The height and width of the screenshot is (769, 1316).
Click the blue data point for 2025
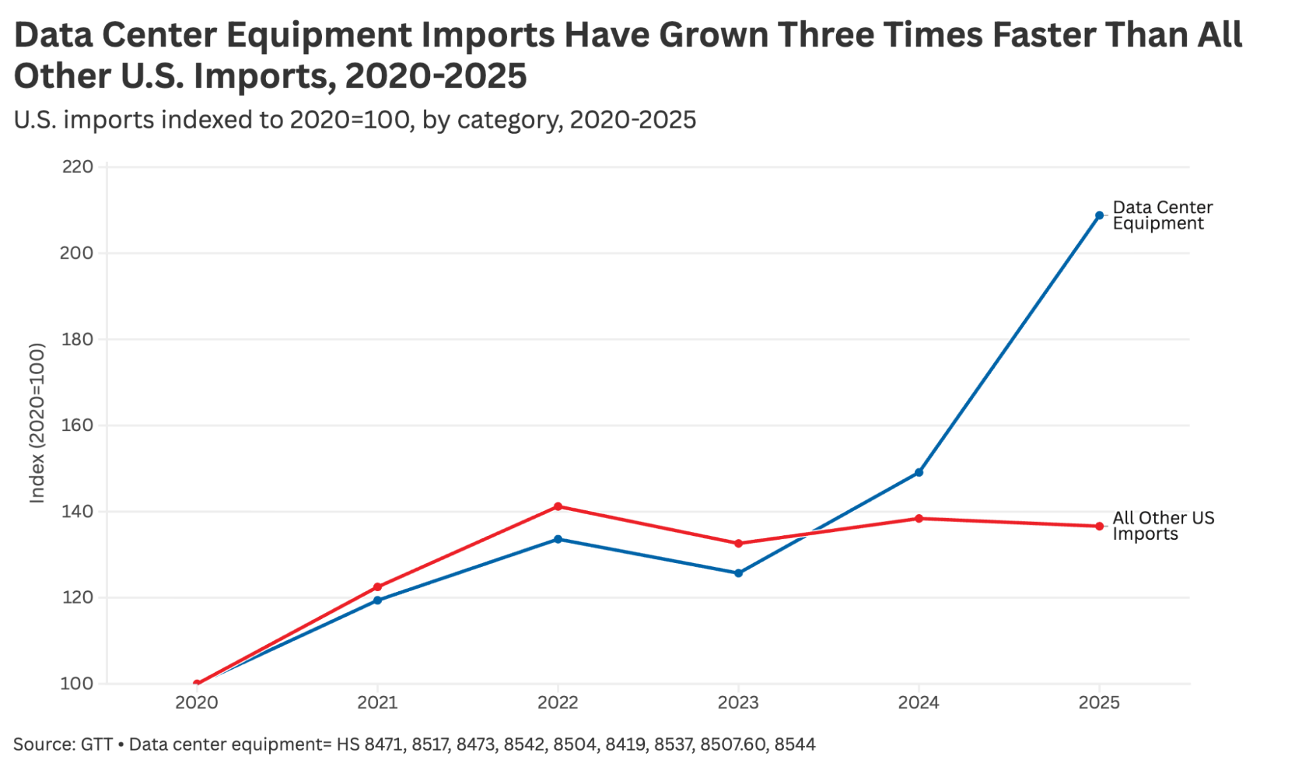[x=1099, y=215]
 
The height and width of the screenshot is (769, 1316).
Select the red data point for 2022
[x=558, y=506]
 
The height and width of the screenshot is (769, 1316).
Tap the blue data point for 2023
[x=738, y=573]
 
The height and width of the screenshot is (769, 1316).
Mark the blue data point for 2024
[x=918, y=472]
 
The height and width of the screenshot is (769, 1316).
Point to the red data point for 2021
[x=377, y=587]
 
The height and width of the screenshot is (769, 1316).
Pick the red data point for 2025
[x=1099, y=526]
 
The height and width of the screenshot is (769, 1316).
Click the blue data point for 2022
[x=558, y=539]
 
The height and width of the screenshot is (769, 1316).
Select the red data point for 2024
[x=918, y=518]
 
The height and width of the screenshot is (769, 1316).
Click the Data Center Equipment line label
[x=1163, y=215]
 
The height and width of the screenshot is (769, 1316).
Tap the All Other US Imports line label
[x=1163, y=526]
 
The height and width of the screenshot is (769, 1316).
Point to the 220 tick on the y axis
[x=78, y=167]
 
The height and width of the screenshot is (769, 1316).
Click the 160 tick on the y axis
[x=77, y=425]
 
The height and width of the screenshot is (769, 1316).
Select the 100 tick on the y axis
[x=77, y=683]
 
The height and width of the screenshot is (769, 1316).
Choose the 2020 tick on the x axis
[x=196, y=703]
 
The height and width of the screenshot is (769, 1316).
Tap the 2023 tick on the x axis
[x=738, y=703]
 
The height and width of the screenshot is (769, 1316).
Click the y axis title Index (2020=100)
[x=37, y=423]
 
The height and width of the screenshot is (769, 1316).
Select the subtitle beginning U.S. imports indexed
[x=355, y=120]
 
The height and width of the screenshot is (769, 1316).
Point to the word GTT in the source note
[x=96, y=745]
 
